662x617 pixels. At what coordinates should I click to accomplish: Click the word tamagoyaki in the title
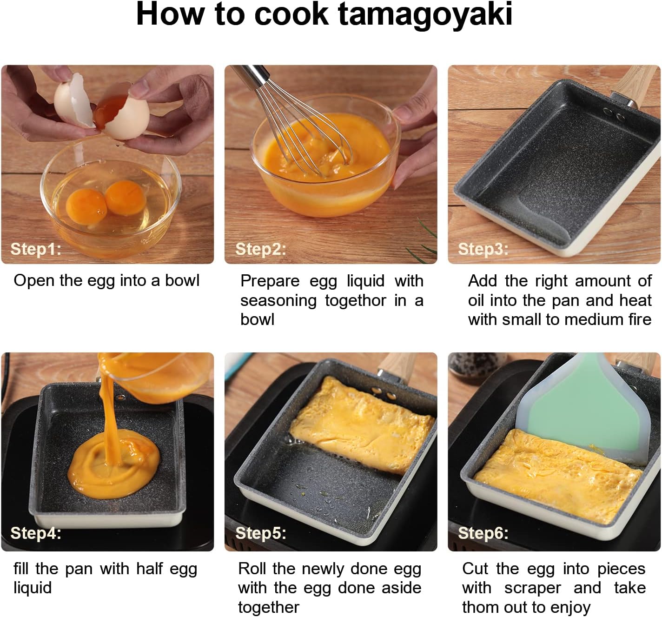[x=425, y=15]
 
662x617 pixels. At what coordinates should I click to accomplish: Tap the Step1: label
[x=36, y=249]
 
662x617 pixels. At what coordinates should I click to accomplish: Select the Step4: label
[x=36, y=533]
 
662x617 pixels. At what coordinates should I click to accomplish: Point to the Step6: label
[x=483, y=533]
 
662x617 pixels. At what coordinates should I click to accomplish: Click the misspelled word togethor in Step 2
[x=355, y=300]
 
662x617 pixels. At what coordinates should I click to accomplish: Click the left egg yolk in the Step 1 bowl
[x=86, y=207]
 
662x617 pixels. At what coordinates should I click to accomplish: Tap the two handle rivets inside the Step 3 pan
[x=615, y=114]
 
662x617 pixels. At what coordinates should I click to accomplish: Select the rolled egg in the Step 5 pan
[x=362, y=425]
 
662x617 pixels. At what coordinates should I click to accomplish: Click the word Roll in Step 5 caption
[x=253, y=569]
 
